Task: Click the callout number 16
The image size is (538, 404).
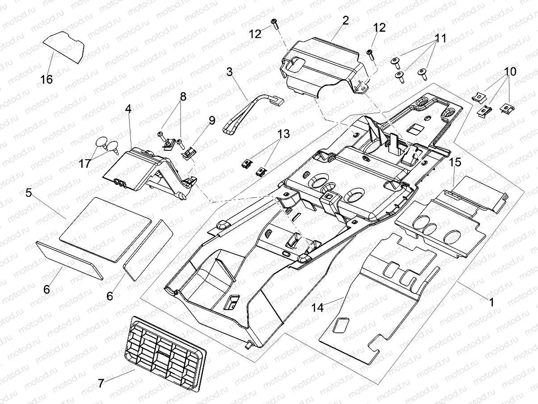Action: coord(46,80)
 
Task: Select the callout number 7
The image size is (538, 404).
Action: coord(101,383)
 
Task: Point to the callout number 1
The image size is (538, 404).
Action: coord(491,302)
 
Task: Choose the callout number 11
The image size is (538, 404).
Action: coord(441,38)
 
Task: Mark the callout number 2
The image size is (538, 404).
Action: coord(345,20)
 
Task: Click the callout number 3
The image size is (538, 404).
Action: coord(230,72)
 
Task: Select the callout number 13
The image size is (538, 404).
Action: coord(283,133)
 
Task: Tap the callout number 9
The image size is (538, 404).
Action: coord(211,120)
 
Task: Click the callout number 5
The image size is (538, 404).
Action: coord(29,193)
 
